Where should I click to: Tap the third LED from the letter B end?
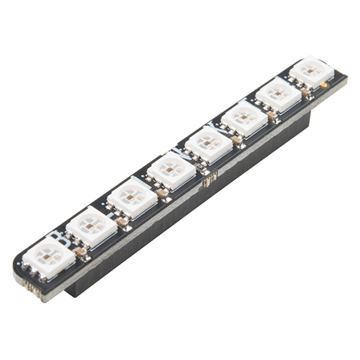(132, 197)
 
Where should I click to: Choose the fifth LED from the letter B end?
(209, 143)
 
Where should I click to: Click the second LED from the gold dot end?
(278, 94)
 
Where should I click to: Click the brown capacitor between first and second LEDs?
(83, 251)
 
